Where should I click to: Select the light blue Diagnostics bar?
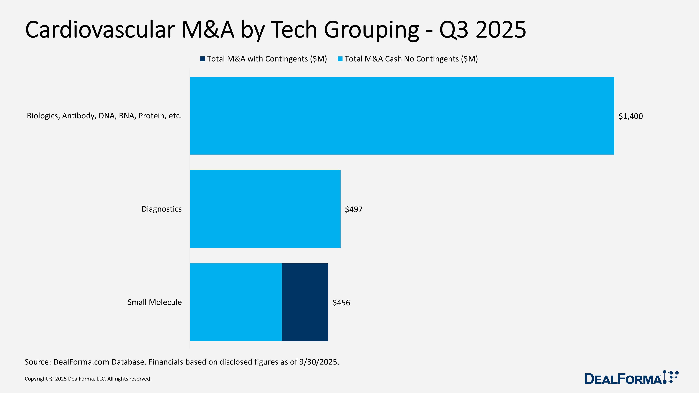click(265, 209)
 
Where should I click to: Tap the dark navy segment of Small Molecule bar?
click(305, 302)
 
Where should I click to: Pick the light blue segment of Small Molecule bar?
click(236, 302)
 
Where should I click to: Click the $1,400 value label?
click(630, 116)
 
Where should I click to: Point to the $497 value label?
click(353, 209)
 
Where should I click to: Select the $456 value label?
click(341, 302)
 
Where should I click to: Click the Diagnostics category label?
click(161, 209)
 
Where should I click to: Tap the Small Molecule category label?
click(154, 302)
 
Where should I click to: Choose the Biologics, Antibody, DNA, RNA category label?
click(104, 116)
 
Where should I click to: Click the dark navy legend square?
click(202, 59)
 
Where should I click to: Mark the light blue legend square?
click(340, 59)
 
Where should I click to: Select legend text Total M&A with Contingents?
click(267, 59)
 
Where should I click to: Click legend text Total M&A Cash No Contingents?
click(411, 59)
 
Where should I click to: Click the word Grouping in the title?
click(371, 30)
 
